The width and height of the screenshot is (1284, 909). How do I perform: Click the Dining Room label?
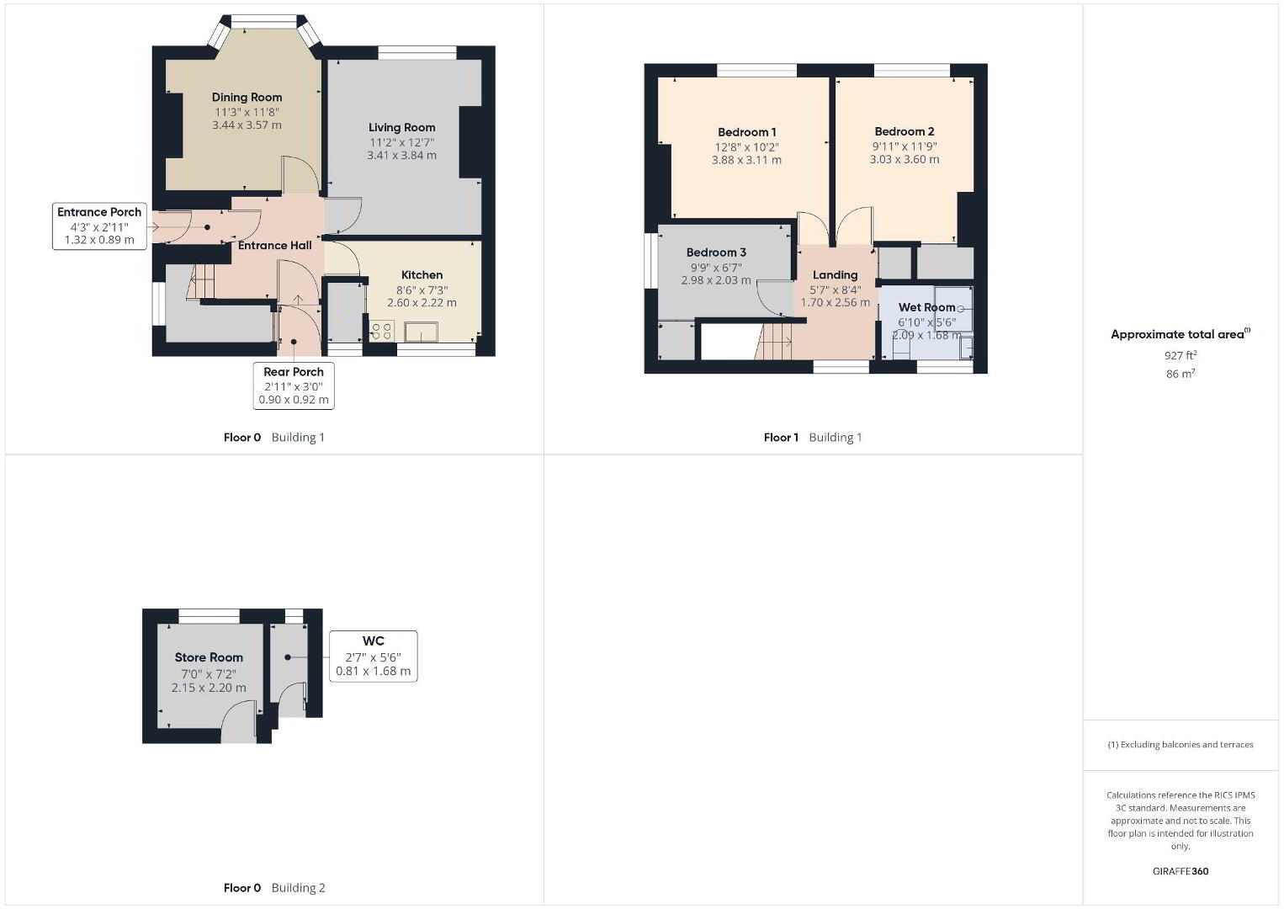[x=247, y=98]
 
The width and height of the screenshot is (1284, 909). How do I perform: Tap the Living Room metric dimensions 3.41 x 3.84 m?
[x=402, y=156]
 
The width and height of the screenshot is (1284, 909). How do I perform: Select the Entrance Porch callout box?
[x=99, y=226]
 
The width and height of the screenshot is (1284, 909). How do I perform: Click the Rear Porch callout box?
[x=294, y=385]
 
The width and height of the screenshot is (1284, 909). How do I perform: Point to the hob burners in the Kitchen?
[x=382, y=331]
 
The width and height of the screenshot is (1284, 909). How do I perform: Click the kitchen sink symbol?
[x=422, y=332]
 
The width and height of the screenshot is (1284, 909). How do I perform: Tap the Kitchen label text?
[x=422, y=275]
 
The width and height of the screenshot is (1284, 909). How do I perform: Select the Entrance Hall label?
[x=274, y=246]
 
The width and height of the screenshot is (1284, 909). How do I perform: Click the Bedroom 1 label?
[x=747, y=132]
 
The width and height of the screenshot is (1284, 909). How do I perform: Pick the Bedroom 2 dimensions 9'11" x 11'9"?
[x=905, y=146]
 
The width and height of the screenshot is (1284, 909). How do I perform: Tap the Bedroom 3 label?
[x=716, y=252]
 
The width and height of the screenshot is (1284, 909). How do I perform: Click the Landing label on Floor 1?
[x=836, y=275]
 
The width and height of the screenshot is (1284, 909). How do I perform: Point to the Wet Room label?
[x=927, y=307]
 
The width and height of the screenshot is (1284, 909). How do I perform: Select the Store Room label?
[x=209, y=657]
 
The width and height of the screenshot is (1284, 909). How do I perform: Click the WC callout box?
[x=373, y=656]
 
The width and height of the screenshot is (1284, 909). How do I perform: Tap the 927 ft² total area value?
[x=1181, y=355]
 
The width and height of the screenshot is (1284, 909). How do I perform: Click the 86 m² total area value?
[x=1181, y=374]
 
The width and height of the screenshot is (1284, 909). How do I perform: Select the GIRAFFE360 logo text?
[x=1181, y=871]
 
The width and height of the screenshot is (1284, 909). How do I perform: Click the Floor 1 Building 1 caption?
[x=813, y=438]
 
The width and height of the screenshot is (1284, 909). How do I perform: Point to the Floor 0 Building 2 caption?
[x=274, y=888]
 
